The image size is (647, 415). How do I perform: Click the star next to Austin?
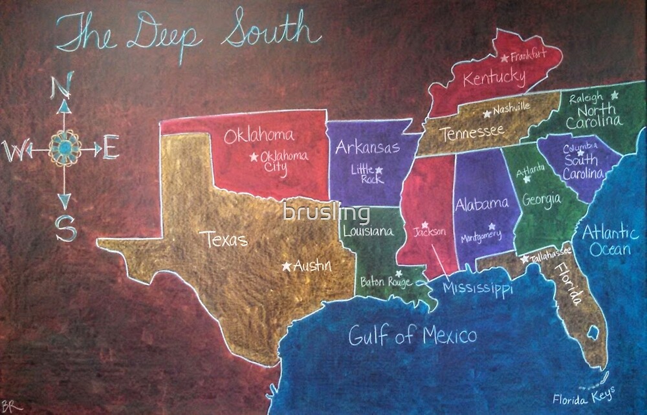coord(286,265)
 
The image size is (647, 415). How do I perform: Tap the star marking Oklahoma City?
coord(254,157)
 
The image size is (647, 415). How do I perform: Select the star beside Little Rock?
coord(379,171)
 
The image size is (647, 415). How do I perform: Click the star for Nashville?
coord(487,114)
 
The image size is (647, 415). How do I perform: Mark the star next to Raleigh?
coord(614,95)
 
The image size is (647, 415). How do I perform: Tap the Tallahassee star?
coord(524,259)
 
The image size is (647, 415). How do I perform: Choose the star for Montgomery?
coord(492,227)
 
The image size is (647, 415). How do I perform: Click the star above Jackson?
coord(425,225)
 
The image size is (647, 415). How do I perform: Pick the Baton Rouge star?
coord(399,273)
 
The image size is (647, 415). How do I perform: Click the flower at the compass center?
coord(65,149)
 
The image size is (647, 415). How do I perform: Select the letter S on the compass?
coord(65,228)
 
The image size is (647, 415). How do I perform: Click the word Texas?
coord(226,239)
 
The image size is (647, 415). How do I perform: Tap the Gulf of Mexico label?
coord(412,335)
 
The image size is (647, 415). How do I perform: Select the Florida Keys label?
coord(583,395)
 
